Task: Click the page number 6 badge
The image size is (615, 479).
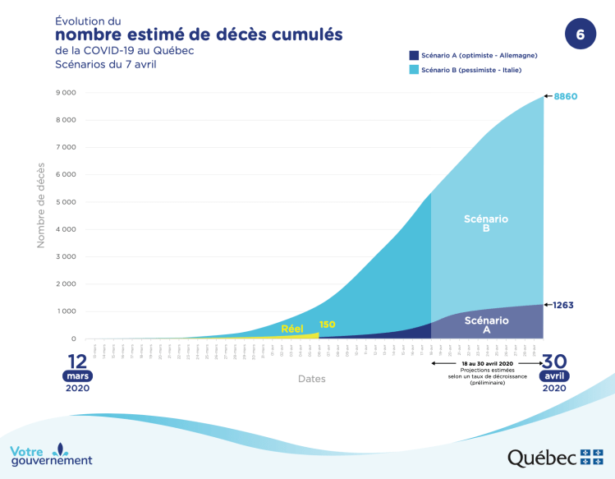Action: pos(581,35)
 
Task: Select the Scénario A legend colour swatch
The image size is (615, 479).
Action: pos(414,55)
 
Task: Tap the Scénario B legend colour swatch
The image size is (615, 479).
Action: pos(414,71)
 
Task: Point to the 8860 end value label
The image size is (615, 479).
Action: pos(566,96)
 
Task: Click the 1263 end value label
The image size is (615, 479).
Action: pos(563,305)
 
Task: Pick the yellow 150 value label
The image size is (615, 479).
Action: pos(327,325)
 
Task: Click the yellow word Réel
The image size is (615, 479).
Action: pos(292,329)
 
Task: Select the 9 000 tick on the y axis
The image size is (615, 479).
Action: pos(66,93)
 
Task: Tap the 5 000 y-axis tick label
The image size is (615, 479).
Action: pos(66,202)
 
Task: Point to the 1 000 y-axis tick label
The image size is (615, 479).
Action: pos(66,311)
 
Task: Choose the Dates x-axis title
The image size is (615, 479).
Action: pos(311,379)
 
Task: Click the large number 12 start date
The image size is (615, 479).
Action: pos(77,362)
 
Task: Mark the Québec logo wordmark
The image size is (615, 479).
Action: pos(542,457)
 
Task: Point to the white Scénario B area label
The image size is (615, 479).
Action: pos(486,223)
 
